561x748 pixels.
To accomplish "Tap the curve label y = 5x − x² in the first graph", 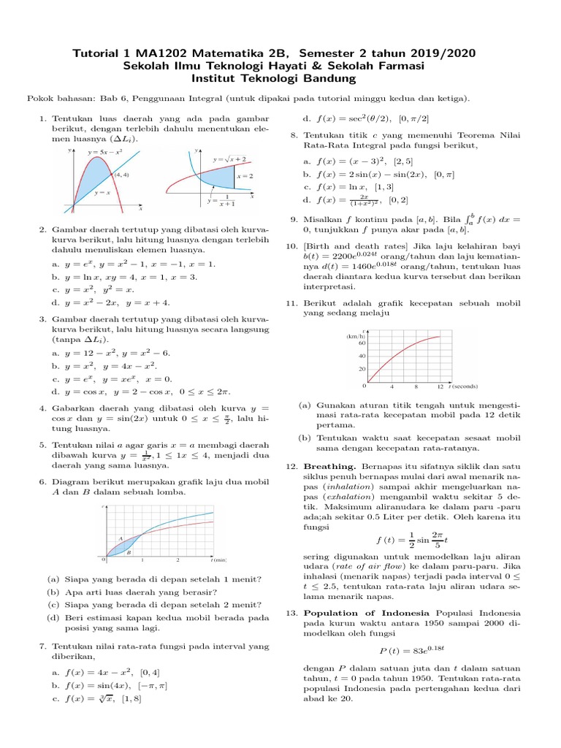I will click(104, 153).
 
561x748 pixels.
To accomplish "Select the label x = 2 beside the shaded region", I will click(245, 176).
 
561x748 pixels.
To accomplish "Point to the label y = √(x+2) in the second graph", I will click(229, 159).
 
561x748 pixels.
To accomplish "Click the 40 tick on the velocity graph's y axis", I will click(362, 356).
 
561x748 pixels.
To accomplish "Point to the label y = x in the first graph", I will click(102, 193).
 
